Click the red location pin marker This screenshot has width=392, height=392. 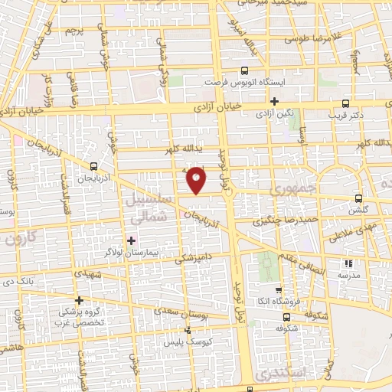[x=197, y=180]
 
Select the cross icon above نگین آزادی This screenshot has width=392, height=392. [x=274, y=101]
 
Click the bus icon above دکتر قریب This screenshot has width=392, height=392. [x=346, y=103]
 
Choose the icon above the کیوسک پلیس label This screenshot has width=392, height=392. [x=190, y=332]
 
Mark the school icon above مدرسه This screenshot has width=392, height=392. [x=349, y=263]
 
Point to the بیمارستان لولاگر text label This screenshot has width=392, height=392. [x=132, y=251]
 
